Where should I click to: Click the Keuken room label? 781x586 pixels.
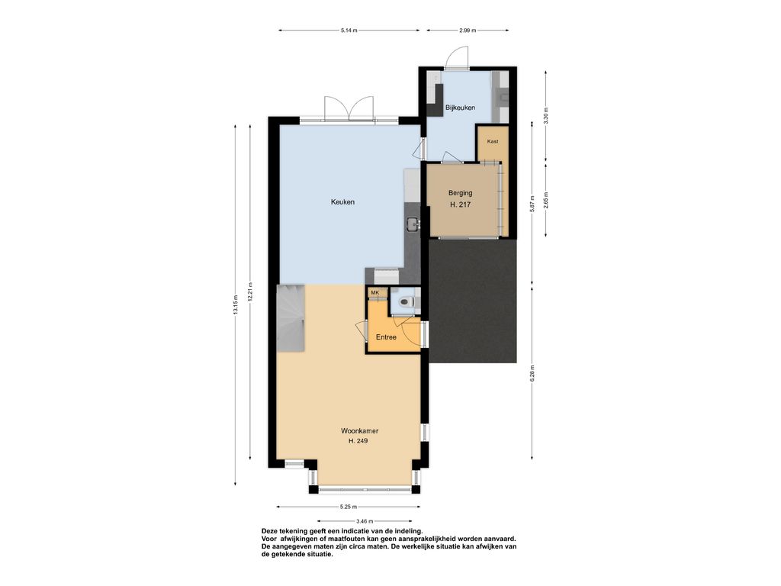tap(342, 201)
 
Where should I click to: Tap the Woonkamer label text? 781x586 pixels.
tap(356, 430)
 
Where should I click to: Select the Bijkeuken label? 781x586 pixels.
tap(460, 107)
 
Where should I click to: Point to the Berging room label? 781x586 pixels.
tap(460, 193)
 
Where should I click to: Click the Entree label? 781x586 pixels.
tap(386, 337)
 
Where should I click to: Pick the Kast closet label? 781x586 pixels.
tap(493, 141)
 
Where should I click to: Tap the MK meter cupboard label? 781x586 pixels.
tap(375, 292)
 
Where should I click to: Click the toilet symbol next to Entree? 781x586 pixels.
tap(407, 301)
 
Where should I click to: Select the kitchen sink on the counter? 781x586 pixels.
tap(413, 225)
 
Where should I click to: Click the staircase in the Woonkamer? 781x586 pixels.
tap(291, 318)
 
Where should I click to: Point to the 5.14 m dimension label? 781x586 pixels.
tap(349, 31)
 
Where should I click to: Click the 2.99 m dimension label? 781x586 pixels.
tap(468, 31)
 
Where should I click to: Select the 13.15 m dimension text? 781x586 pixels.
tap(235, 304)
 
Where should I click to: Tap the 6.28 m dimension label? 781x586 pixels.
tap(532, 372)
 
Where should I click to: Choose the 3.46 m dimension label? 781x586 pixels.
tap(365, 521)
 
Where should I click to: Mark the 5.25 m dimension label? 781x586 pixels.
tap(348, 507)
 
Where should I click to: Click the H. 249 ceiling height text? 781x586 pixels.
tap(358, 441)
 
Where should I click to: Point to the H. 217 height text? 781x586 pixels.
tap(460, 204)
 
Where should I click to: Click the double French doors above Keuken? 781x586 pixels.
tap(349, 108)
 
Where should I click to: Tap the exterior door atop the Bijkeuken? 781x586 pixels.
tap(457, 58)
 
